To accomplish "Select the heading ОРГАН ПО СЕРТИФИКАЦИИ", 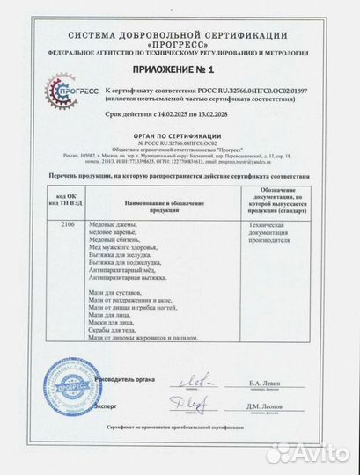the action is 179,135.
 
